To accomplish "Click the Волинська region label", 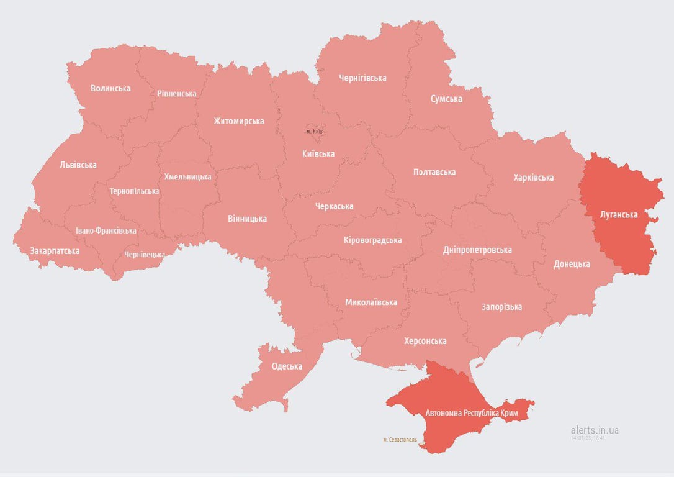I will click(110, 88).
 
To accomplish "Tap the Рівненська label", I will click(177, 94).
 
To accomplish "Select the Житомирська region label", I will click(239, 121).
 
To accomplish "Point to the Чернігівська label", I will click(362, 78).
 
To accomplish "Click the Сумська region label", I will click(446, 99).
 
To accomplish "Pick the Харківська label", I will click(534, 178).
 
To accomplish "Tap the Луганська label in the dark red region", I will click(619, 215).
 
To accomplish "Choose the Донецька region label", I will click(572, 264).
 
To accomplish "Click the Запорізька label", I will click(501, 307).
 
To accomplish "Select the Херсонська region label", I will click(425, 341).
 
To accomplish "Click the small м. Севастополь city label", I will click(400, 440).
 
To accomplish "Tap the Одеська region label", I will click(287, 366).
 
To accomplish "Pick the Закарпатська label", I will click(55, 251).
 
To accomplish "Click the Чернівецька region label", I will click(145, 255).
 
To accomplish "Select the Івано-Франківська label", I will click(106, 230).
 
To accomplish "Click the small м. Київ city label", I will click(314, 132).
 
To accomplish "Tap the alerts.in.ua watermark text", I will click(595, 430).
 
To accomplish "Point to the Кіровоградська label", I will click(372, 240).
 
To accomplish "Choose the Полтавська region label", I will click(434, 172).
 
